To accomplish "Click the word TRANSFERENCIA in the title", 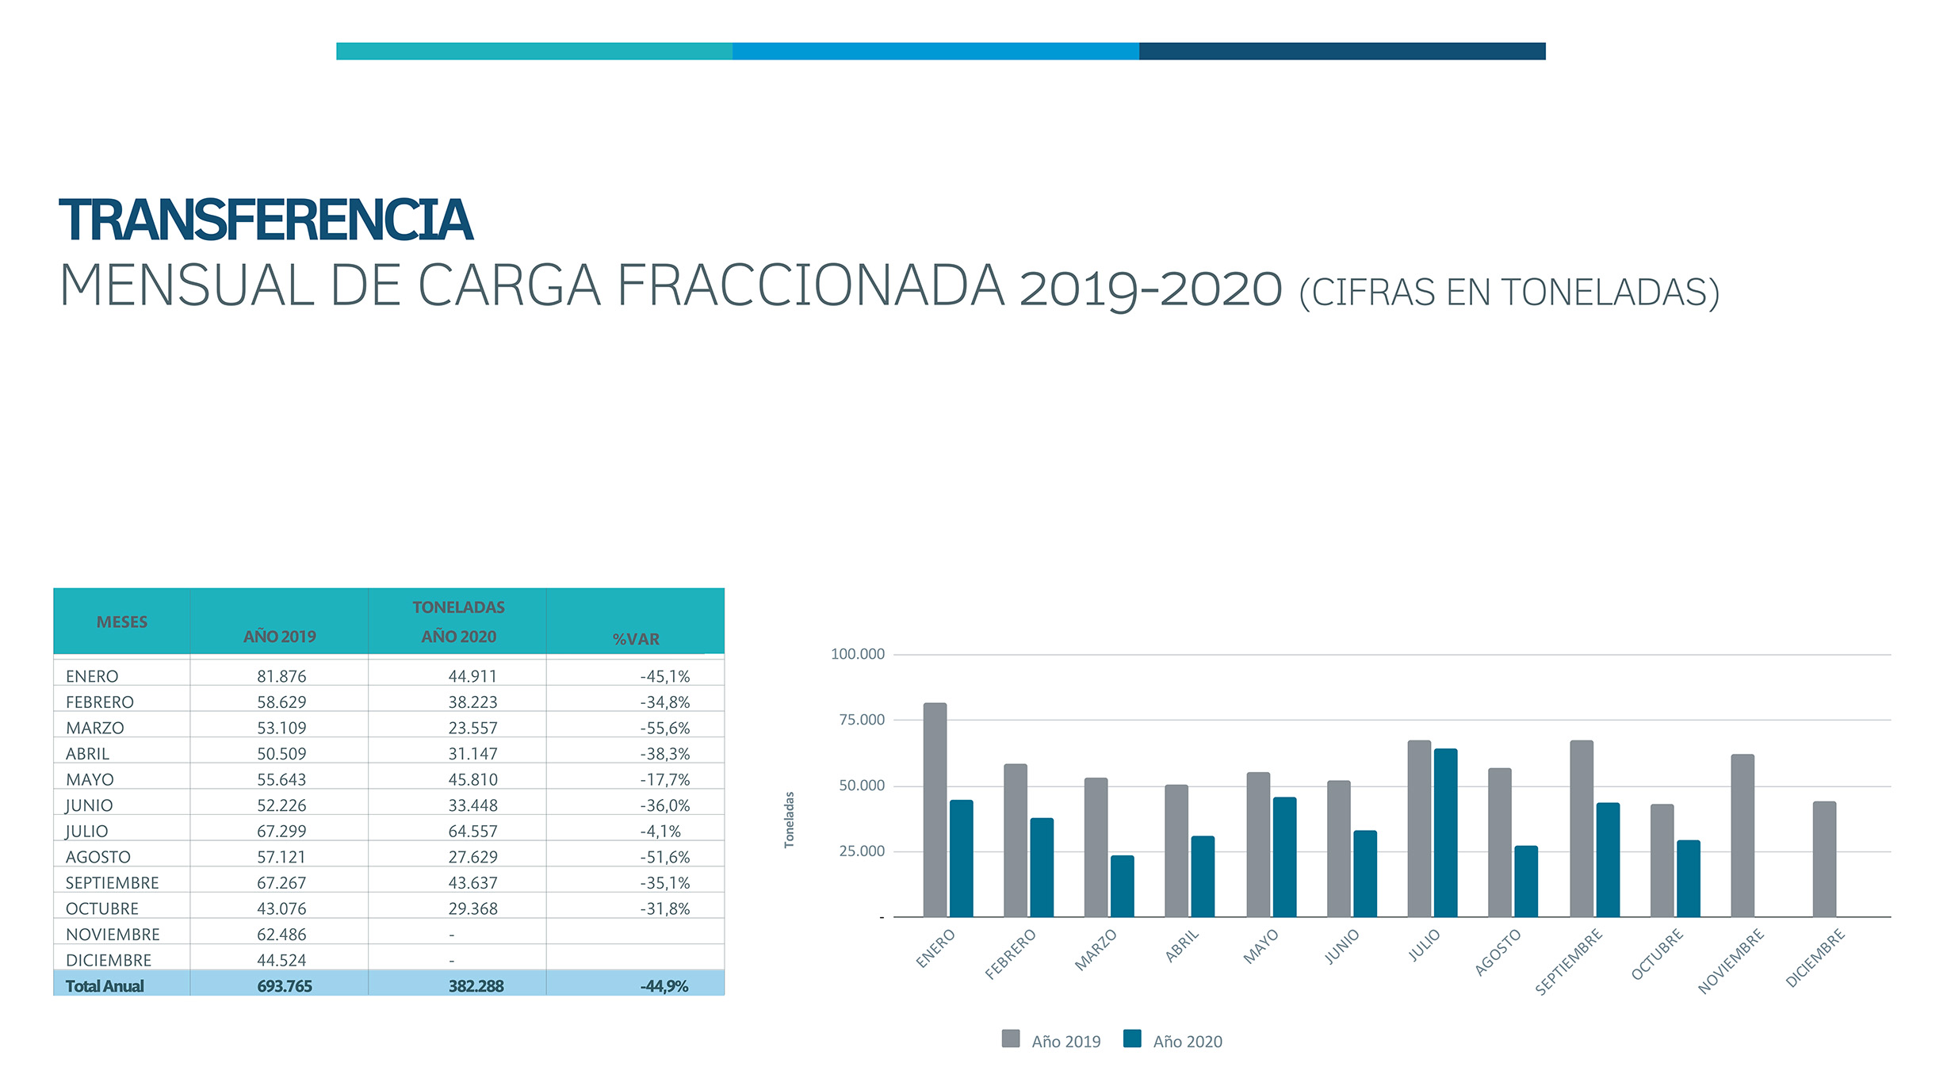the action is (266, 220).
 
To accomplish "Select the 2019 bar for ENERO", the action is (935, 809).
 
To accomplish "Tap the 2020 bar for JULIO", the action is (1445, 832).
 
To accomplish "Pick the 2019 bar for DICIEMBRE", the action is (1824, 859).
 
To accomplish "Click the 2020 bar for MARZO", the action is (1122, 886).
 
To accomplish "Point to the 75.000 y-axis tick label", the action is (862, 720).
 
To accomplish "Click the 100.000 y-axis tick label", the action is (858, 654).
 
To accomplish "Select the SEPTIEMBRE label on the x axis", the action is (1569, 962).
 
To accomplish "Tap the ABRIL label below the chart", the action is (1182, 946).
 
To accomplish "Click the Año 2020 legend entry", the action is (1173, 1041).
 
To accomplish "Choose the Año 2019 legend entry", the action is (1051, 1041).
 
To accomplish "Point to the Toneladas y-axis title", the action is (789, 820).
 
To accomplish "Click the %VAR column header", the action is (636, 639).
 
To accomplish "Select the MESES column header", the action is (122, 622).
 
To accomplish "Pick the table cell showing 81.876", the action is (281, 676).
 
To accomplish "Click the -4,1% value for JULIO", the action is (660, 832).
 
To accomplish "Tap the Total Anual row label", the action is (105, 986).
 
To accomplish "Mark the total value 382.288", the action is (476, 986).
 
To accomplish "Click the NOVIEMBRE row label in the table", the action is (113, 935).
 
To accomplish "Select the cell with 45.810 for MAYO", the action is (473, 780).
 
